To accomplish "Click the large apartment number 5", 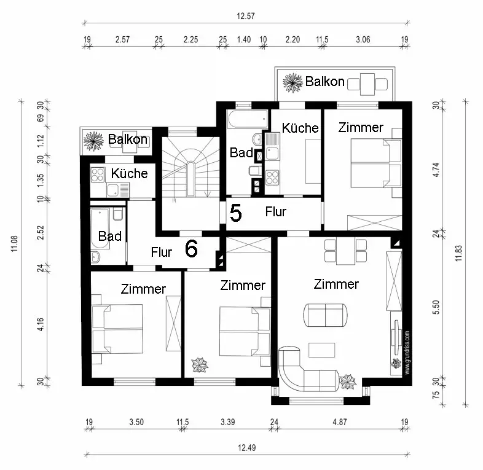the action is [x=235, y=213].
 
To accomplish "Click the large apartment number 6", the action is [x=191, y=249].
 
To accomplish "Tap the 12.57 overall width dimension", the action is [x=246, y=16].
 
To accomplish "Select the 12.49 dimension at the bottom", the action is [x=247, y=447].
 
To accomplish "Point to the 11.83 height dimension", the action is [x=458, y=253].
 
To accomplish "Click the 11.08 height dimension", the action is [x=15, y=243].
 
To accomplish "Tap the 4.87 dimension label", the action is [x=340, y=422].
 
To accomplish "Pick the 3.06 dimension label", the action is [x=363, y=39].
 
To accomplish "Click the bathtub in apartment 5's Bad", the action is [x=248, y=119].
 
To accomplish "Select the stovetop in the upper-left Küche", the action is [x=97, y=174].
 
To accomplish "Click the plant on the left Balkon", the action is [x=93, y=141].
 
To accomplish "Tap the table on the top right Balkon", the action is [x=367, y=84].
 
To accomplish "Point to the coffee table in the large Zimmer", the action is [x=321, y=350].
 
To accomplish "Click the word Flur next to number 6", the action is [x=161, y=253].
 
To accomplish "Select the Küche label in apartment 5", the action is [x=300, y=128].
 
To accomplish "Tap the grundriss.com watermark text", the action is [x=407, y=353].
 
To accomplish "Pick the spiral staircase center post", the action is [x=190, y=179].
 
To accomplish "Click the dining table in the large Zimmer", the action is [x=345, y=251].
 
